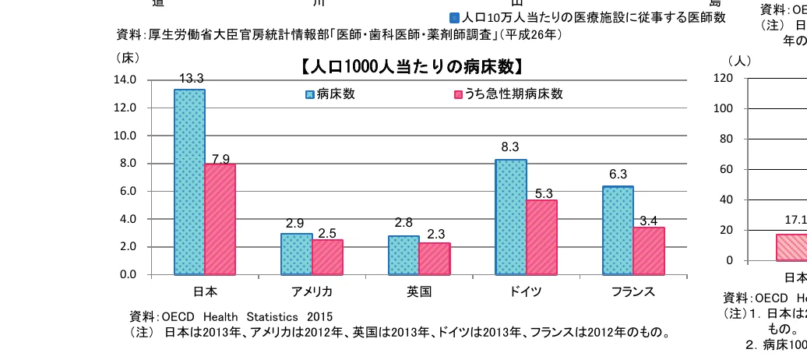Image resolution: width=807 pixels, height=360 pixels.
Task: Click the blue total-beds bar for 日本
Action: [x=189, y=182]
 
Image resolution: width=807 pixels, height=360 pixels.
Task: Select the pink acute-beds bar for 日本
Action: [x=220, y=219]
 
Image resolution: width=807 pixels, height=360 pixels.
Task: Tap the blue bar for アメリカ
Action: [x=296, y=254]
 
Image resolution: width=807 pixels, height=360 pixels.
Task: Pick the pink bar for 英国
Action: [x=434, y=259]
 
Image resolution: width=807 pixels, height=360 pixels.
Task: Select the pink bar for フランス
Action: [x=648, y=251]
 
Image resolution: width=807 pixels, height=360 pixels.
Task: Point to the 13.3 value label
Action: [x=191, y=79]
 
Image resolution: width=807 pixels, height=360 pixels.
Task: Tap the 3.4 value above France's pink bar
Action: [x=648, y=221]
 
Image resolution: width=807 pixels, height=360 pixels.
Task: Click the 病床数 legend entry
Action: [x=330, y=94]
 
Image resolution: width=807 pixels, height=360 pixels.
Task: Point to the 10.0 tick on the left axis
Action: [x=125, y=136]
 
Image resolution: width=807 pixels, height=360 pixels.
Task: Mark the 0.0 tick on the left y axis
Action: [x=127, y=274]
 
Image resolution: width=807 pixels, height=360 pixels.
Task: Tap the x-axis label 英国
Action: [x=419, y=292]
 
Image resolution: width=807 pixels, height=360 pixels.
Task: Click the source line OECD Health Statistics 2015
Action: [x=231, y=317]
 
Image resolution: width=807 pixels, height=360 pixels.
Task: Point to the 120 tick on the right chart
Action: [x=723, y=78]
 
